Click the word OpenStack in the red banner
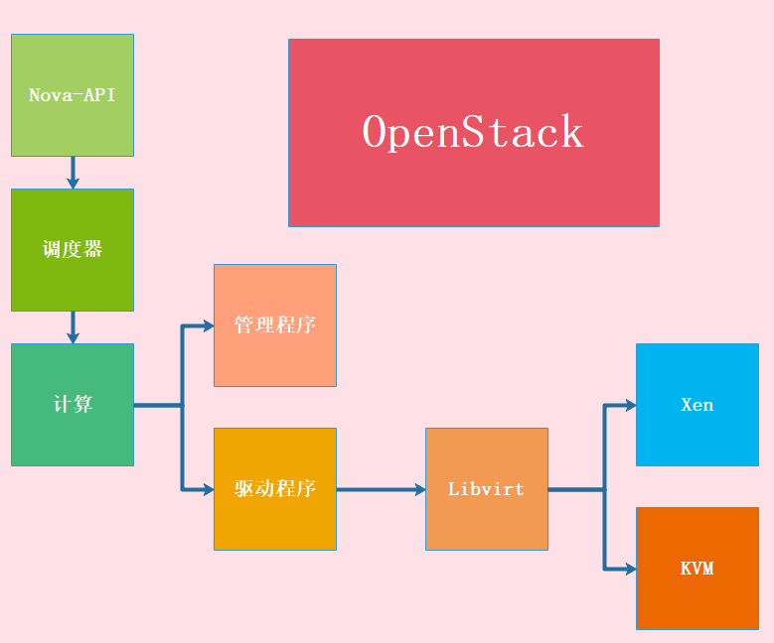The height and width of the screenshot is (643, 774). point(473,133)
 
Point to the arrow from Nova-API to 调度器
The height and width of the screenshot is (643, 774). point(73,173)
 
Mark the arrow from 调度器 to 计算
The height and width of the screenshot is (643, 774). point(73,327)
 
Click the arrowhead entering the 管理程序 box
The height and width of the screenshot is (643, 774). point(208,325)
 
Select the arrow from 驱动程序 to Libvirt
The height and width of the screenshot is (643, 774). point(382,489)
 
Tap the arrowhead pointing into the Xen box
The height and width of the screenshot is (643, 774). point(630,405)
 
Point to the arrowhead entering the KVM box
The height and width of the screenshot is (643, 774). point(630,569)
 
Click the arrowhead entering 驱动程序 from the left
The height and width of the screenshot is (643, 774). point(208,489)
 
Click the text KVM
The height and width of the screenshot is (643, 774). point(697,569)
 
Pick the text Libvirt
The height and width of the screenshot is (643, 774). point(486,489)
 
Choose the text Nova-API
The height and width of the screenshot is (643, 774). point(72,95)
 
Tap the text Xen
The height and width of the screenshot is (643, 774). point(697,405)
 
